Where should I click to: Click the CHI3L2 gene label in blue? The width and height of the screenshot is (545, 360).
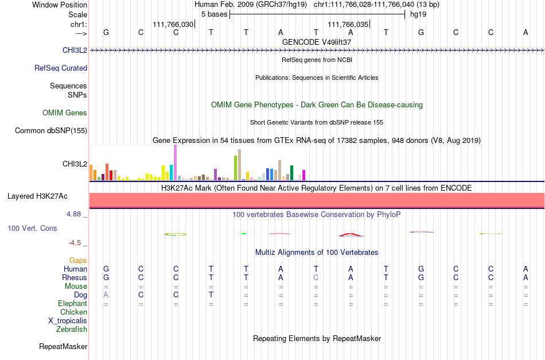[x=75, y=50]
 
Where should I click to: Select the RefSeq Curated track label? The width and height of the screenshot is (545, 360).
[x=61, y=68]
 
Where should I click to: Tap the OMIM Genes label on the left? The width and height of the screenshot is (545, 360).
[x=65, y=113]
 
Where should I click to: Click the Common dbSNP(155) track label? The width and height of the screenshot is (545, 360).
[x=51, y=131]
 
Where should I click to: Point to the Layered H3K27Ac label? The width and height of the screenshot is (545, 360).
[x=37, y=196]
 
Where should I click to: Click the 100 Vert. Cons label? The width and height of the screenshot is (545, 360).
[x=32, y=228]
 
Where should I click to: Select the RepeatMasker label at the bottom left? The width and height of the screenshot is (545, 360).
[x=63, y=346]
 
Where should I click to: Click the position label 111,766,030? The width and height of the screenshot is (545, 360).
[x=173, y=24]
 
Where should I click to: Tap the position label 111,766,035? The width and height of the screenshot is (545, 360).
[x=348, y=24]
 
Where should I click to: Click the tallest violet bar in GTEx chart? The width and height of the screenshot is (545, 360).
[x=175, y=162]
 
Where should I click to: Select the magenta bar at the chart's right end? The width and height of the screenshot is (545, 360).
[x=303, y=175]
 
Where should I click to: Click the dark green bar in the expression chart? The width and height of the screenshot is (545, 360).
[x=291, y=173]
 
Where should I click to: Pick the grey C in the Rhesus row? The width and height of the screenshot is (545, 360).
[x=316, y=277]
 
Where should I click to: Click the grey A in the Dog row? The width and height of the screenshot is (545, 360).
[x=106, y=295]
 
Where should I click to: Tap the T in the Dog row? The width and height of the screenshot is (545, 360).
[x=211, y=295]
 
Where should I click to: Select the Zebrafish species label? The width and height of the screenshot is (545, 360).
[x=72, y=329]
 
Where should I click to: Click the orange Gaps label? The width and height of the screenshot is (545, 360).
[x=78, y=261]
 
